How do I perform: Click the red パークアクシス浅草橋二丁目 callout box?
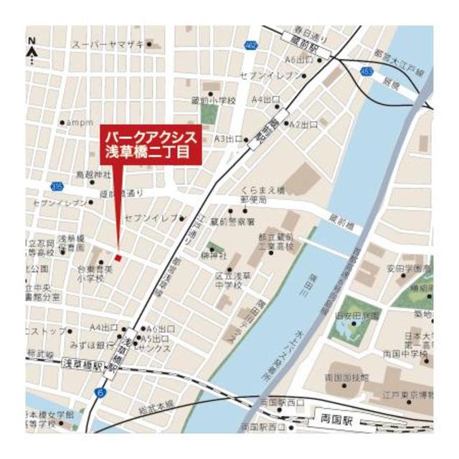coord(150,143)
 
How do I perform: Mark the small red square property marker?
coord(118,257)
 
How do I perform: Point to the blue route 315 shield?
coord(57,186)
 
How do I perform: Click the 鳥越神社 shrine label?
coord(94,175)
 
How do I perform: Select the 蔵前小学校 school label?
coord(214,101)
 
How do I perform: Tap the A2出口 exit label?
coord(303,124)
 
